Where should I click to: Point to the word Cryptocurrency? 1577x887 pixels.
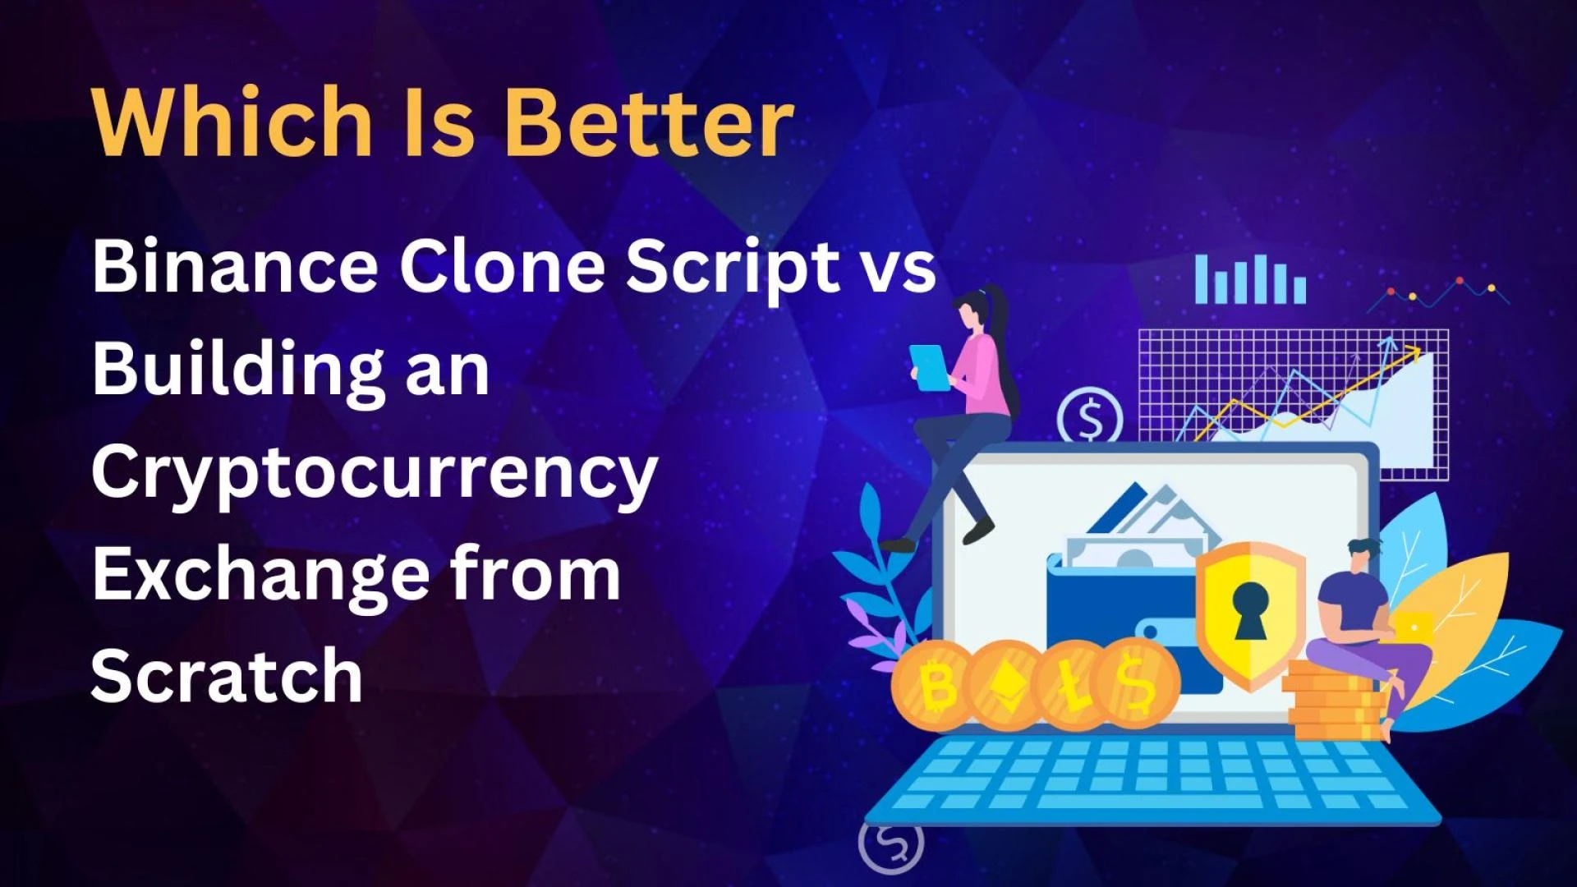click(x=375, y=475)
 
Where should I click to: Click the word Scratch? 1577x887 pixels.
click(x=227, y=674)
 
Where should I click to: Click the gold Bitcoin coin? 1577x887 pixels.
click(x=936, y=686)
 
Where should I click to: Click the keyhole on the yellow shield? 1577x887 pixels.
click(x=1249, y=610)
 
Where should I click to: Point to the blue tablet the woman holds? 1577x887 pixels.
click(x=931, y=368)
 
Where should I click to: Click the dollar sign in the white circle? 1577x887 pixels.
click(x=1090, y=420)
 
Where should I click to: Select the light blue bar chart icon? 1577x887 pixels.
click(x=1250, y=279)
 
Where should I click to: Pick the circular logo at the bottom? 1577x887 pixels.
click(x=891, y=843)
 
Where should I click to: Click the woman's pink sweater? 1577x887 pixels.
click(x=984, y=374)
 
